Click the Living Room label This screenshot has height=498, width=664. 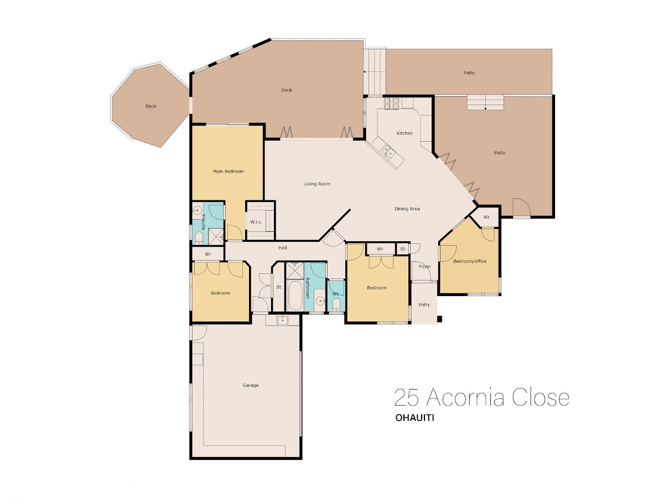(317, 184)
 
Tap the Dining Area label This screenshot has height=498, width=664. (407, 209)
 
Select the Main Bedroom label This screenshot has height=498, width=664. (228, 172)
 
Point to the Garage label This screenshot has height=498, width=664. (251, 385)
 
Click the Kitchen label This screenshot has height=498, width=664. (404, 133)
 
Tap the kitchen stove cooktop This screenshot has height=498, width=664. (392, 103)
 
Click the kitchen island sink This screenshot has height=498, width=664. (387, 152)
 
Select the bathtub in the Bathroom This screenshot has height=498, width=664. (294, 296)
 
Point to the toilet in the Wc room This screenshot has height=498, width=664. (336, 304)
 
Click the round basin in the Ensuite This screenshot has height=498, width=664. (198, 210)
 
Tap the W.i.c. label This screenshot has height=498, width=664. (256, 222)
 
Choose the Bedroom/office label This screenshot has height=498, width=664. (469, 261)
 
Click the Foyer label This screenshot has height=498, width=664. (425, 267)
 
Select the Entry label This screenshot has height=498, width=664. (424, 305)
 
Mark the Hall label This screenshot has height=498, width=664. (283, 248)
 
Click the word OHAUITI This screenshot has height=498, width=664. (414, 418)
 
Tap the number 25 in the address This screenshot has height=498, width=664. (407, 397)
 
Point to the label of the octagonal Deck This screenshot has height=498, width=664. (151, 106)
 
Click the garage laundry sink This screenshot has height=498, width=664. (282, 320)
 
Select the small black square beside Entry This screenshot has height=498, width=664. (440, 319)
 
